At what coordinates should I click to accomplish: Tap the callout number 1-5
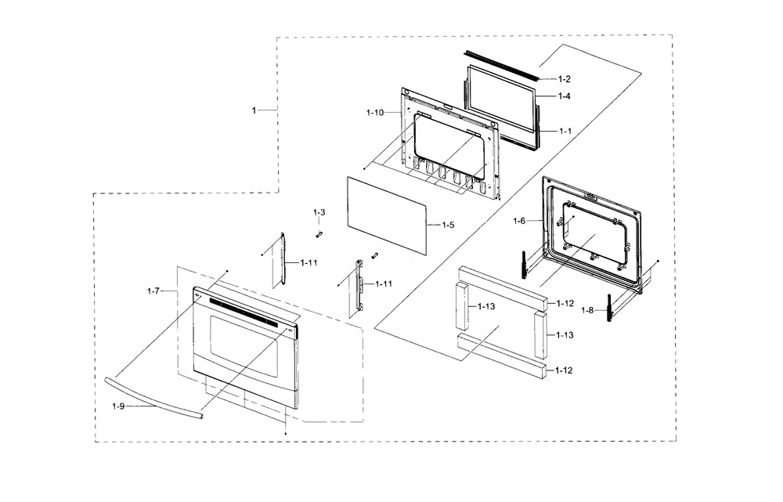[448, 225]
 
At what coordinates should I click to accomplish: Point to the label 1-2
[565, 80]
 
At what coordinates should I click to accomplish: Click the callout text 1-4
[565, 96]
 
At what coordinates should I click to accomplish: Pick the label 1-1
[565, 131]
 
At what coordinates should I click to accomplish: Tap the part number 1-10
[374, 113]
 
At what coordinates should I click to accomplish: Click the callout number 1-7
[153, 291]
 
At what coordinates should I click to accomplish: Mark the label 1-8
[588, 310]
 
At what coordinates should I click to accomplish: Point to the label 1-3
[319, 213]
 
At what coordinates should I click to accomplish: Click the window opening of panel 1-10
[443, 143]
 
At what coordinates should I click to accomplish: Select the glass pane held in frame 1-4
[501, 102]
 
